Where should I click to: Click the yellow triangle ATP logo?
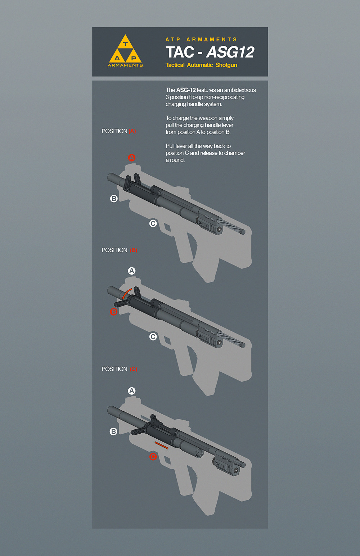point(125,49)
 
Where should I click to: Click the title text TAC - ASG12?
point(210,52)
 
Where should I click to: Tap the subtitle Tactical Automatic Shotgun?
point(201,65)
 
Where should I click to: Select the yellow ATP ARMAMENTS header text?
point(201,40)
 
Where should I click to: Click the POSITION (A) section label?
point(119,131)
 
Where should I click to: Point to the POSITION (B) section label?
point(120,250)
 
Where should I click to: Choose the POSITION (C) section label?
point(120,369)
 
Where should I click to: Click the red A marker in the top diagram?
point(132,158)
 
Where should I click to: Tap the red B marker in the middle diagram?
point(114,312)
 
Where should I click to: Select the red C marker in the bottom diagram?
point(153,456)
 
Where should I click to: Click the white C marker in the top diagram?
point(153,223)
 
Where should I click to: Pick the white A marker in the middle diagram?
point(132,271)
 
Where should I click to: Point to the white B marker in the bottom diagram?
point(113,431)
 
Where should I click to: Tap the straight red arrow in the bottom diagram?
point(161,445)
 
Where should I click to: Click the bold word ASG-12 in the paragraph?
point(186,90)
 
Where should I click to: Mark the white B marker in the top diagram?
point(114,199)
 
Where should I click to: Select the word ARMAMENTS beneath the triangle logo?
point(125,65)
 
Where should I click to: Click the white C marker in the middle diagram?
point(153,336)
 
